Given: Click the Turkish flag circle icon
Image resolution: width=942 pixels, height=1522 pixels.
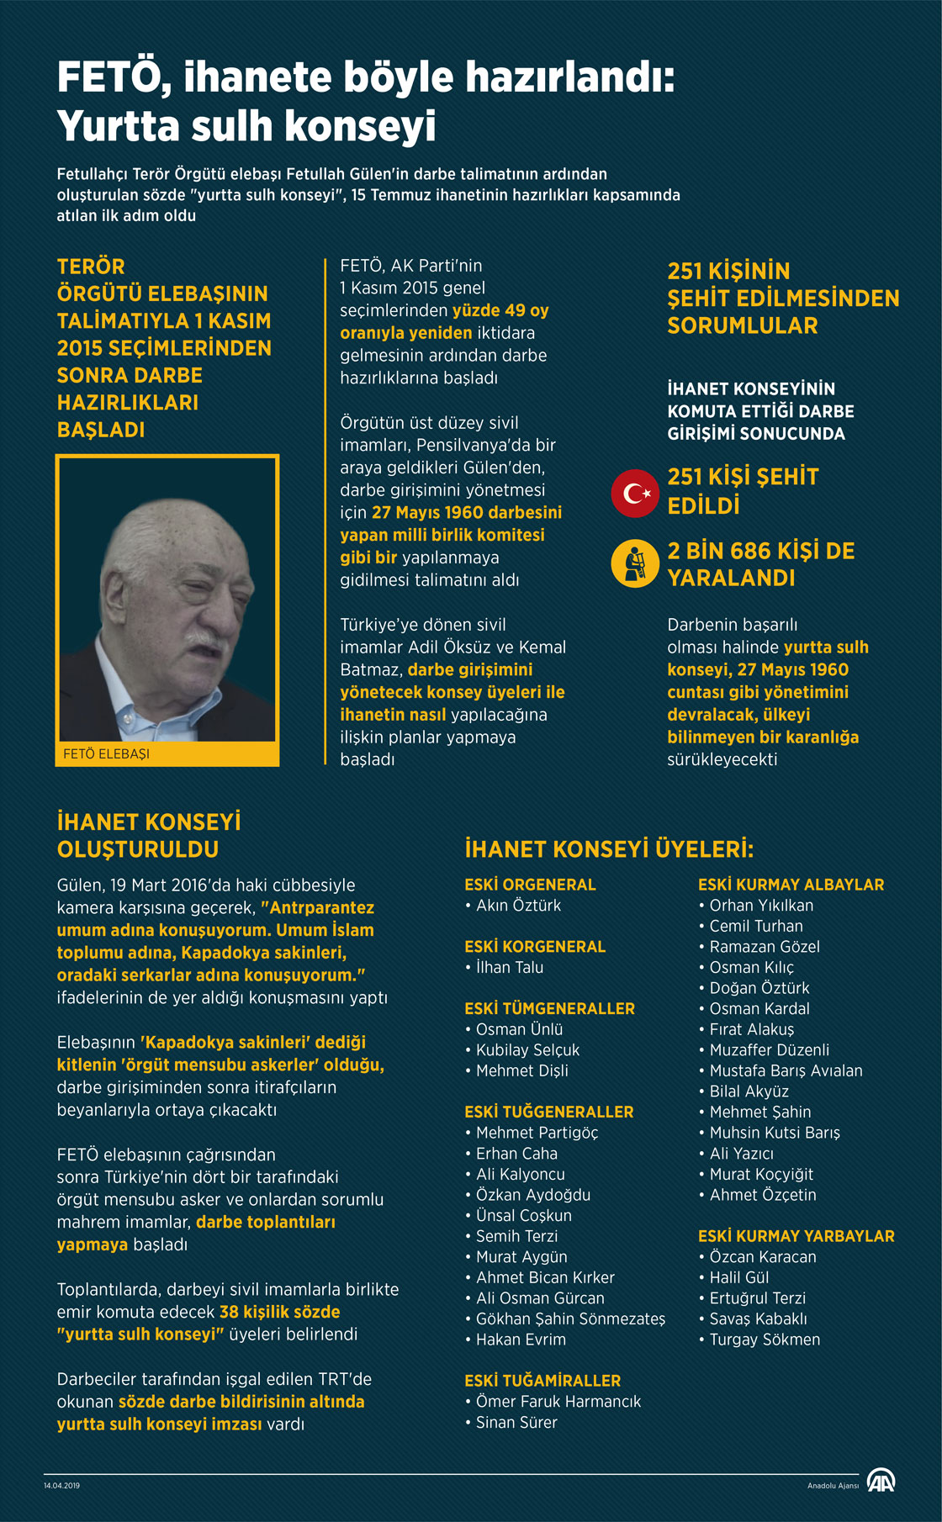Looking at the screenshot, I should tap(635, 493).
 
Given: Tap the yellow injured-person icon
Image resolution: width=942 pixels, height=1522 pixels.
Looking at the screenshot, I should tap(635, 563).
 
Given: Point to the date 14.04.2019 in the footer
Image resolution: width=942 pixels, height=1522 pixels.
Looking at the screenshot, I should tap(61, 1486).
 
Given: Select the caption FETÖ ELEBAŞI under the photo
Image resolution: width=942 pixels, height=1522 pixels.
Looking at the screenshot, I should tap(106, 754).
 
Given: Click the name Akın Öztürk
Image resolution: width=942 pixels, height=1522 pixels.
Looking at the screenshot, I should tap(518, 906).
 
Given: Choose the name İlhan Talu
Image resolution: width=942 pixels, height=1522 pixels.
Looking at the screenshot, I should tap(510, 967).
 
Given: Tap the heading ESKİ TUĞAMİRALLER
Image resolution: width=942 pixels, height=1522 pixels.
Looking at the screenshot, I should tap(542, 1381).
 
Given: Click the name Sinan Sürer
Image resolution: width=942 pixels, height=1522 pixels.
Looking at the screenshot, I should tap(516, 1423).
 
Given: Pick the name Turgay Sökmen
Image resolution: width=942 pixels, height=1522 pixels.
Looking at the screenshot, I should tap(765, 1340).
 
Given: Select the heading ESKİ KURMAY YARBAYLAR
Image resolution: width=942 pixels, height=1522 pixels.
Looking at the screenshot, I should tap(796, 1236).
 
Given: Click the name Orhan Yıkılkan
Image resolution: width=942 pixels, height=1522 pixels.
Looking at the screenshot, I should tap(761, 906).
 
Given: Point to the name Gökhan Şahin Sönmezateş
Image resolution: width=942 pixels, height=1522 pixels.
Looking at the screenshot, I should tap(570, 1319).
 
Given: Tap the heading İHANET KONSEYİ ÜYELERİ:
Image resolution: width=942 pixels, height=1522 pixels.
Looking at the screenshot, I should tap(609, 849).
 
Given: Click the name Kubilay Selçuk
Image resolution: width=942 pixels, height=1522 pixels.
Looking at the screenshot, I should tap(527, 1050).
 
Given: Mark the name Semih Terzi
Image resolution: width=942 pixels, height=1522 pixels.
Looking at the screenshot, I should tap(516, 1236).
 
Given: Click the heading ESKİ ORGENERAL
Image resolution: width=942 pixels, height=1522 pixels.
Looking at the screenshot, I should tap(530, 885).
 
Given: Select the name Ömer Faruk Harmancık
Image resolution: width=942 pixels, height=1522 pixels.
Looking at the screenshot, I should tap(558, 1402).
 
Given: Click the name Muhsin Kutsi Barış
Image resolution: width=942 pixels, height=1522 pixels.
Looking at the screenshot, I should tap(775, 1133).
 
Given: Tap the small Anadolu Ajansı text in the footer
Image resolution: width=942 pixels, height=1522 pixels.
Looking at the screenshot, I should tap(833, 1486).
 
